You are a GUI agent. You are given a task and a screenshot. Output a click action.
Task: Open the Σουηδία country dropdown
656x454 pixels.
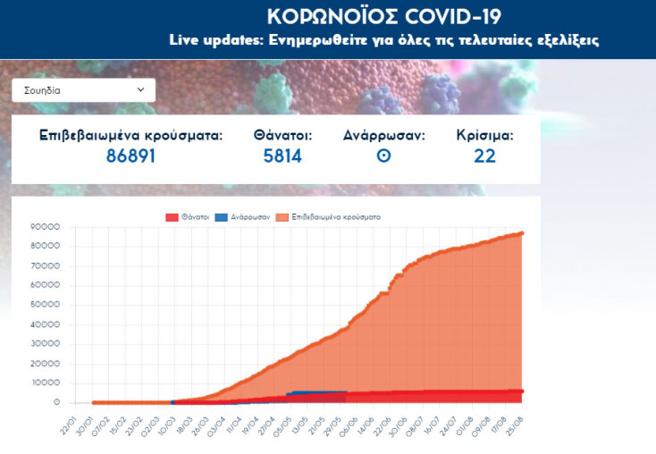coord(83,90)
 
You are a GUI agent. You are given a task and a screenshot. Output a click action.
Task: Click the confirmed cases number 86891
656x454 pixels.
coord(130,156)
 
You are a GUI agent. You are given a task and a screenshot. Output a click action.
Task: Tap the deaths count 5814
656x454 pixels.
coord(282,156)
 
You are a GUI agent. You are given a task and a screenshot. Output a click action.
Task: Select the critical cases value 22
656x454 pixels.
coord(484,156)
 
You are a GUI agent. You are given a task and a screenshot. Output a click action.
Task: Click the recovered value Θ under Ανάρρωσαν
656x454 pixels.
coord(383,156)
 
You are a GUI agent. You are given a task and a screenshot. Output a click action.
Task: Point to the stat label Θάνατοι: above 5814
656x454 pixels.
coord(282,136)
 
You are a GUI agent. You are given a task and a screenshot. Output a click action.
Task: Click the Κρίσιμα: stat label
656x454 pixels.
coord(484,136)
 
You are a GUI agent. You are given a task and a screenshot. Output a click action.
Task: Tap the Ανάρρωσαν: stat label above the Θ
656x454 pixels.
coord(383,136)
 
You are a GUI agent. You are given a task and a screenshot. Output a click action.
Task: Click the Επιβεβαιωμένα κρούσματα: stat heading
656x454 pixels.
coord(130,136)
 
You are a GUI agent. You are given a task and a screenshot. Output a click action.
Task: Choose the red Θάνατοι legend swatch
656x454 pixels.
coord(171,217)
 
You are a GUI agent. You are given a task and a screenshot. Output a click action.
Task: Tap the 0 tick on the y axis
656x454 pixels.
coord(56,402)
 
